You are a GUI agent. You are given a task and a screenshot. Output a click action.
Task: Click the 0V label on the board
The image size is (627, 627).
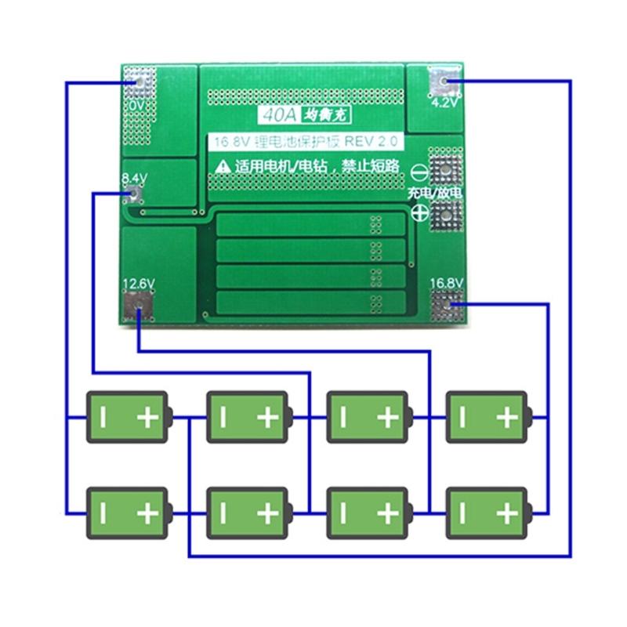[137, 104]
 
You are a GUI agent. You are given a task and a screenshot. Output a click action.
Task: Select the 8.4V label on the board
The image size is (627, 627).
[134, 179]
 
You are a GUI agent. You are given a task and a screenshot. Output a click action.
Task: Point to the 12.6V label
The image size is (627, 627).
[139, 283]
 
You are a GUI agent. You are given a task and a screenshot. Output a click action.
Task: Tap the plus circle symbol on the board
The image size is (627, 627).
[419, 212]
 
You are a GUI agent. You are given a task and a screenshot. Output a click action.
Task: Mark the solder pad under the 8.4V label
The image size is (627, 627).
[135, 195]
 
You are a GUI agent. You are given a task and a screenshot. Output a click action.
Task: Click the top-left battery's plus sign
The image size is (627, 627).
[147, 418]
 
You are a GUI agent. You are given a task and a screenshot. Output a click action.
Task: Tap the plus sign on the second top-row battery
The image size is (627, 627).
[267, 418]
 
